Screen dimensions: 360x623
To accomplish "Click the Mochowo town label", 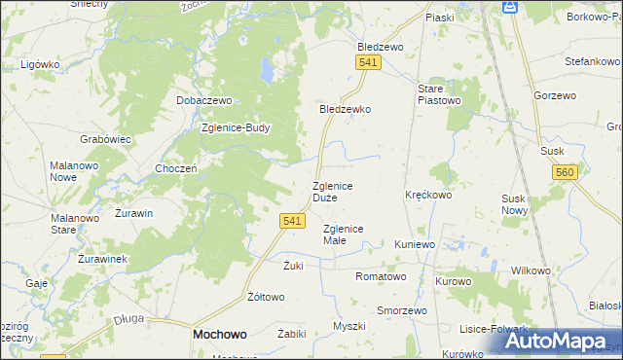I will (219, 333).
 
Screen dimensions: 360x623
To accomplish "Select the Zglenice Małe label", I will (343, 234).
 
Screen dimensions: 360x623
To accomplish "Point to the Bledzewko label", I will (346, 109).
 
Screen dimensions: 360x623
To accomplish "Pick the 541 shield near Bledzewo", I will (367, 62).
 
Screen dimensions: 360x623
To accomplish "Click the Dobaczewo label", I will (202, 100).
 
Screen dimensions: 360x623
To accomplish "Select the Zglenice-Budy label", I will (235, 127).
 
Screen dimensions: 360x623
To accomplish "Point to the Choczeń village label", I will (176, 167).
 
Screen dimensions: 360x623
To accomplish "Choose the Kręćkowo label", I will (428, 195).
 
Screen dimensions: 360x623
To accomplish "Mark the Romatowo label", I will (381, 276).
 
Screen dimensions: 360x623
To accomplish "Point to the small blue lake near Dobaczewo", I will (266, 70).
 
